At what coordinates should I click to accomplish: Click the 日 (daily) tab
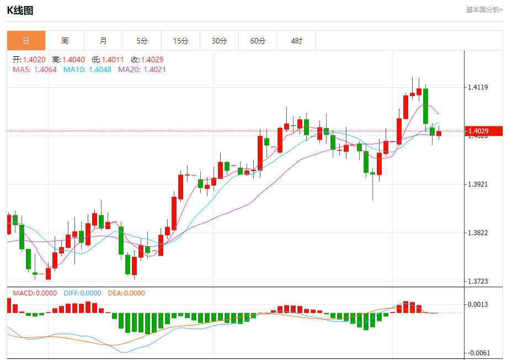pyautogui.click(x=26, y=41)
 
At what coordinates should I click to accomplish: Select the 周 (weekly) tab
pyautogui.click(x=65, y=41)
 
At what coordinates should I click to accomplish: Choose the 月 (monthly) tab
pyautogui.click(x=103, y=41)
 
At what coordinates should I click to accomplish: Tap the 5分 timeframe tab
pyautogui.click(x=142, y=41)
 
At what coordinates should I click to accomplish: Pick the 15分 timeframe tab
pyautogui.click(x=180, y=41)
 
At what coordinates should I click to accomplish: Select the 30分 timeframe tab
pyautogui.click(x=219, y=41)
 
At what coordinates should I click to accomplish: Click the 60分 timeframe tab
pyautogui.click(x=258, y=41)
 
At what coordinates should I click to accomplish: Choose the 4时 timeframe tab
pyautogui.click(x=296, y=41)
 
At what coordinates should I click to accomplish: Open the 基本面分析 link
pyautogui.click(x=484, y=9)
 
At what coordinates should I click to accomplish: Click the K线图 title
pyautogui.click(x=20, y=10)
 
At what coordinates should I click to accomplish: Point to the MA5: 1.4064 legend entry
pyautogui.click(x=34, y=69)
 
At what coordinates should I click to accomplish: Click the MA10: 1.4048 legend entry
pyautogui.click(x=87, y=69)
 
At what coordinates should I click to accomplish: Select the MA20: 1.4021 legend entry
pyautogui.click(x=142, y=69)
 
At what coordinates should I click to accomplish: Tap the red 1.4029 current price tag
pyautogui.click(x=484, y=131)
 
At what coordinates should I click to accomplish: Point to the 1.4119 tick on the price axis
pyautogui.click(x=478, y=87)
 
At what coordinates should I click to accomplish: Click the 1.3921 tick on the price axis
pyautogui.click(x=478, y=184)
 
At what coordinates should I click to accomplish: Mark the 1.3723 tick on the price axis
pyautogui.click(x=478, y=281)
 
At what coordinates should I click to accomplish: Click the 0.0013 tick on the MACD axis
pyautogui.click(x=478, y=304)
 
